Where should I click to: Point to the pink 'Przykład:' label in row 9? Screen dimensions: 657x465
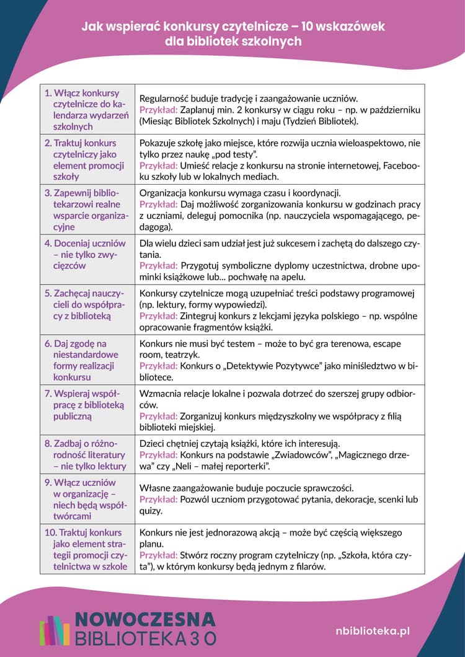158,500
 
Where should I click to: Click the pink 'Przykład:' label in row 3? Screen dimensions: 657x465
158,205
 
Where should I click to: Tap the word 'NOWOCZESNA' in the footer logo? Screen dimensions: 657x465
146,619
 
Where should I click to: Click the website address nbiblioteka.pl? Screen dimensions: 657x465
372,630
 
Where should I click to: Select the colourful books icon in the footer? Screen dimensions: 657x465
55,630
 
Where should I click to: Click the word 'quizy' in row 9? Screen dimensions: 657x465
151,511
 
